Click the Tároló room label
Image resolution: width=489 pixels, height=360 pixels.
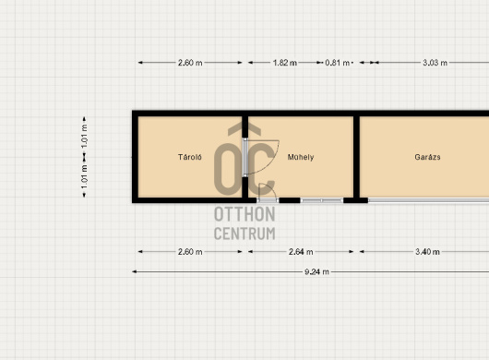pos(190,157)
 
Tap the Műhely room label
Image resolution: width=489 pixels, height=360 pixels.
pos(301,157)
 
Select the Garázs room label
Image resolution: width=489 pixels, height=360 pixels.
pos(427,157)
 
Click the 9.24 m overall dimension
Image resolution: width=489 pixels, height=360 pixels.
pos(316,271)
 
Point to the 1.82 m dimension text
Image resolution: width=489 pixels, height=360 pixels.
pos(285,63)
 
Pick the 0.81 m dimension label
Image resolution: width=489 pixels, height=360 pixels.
pos(337,63)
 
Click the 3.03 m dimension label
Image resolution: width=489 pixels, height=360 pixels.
pos(435,63)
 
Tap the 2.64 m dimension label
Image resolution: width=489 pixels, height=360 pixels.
pos(301,252)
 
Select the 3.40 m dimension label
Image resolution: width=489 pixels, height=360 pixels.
pos(427,252)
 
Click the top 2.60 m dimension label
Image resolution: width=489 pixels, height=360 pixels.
pos(190,63)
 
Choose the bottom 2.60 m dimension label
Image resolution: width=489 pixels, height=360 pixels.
pos(190,252)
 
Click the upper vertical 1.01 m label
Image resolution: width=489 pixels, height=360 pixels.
pos(84,137)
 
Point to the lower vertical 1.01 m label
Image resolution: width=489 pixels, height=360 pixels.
pos(84,177)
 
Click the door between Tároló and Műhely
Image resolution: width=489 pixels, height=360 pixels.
pos(245,157)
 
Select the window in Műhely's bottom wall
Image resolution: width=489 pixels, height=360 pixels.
pos(322,200)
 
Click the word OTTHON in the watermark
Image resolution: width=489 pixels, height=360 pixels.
pos(244,214)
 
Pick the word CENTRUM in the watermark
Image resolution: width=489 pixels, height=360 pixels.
pos(244,234)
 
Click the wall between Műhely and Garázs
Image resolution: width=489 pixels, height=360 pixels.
pos(356,157)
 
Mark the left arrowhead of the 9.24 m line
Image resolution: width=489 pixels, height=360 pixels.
pos(134,271)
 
